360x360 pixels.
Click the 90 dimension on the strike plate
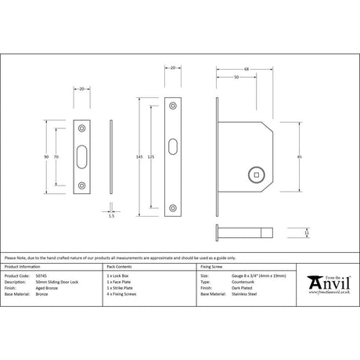tap(47, 157)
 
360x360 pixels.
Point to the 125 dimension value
tap(151, 157)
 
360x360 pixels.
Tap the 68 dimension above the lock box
tap(247, 70)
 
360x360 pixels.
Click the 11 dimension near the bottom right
tap(307, 232)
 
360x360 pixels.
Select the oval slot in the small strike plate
tap(83, 157)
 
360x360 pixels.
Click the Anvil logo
tap(327, 280)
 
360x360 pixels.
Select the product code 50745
tap(41, 276)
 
